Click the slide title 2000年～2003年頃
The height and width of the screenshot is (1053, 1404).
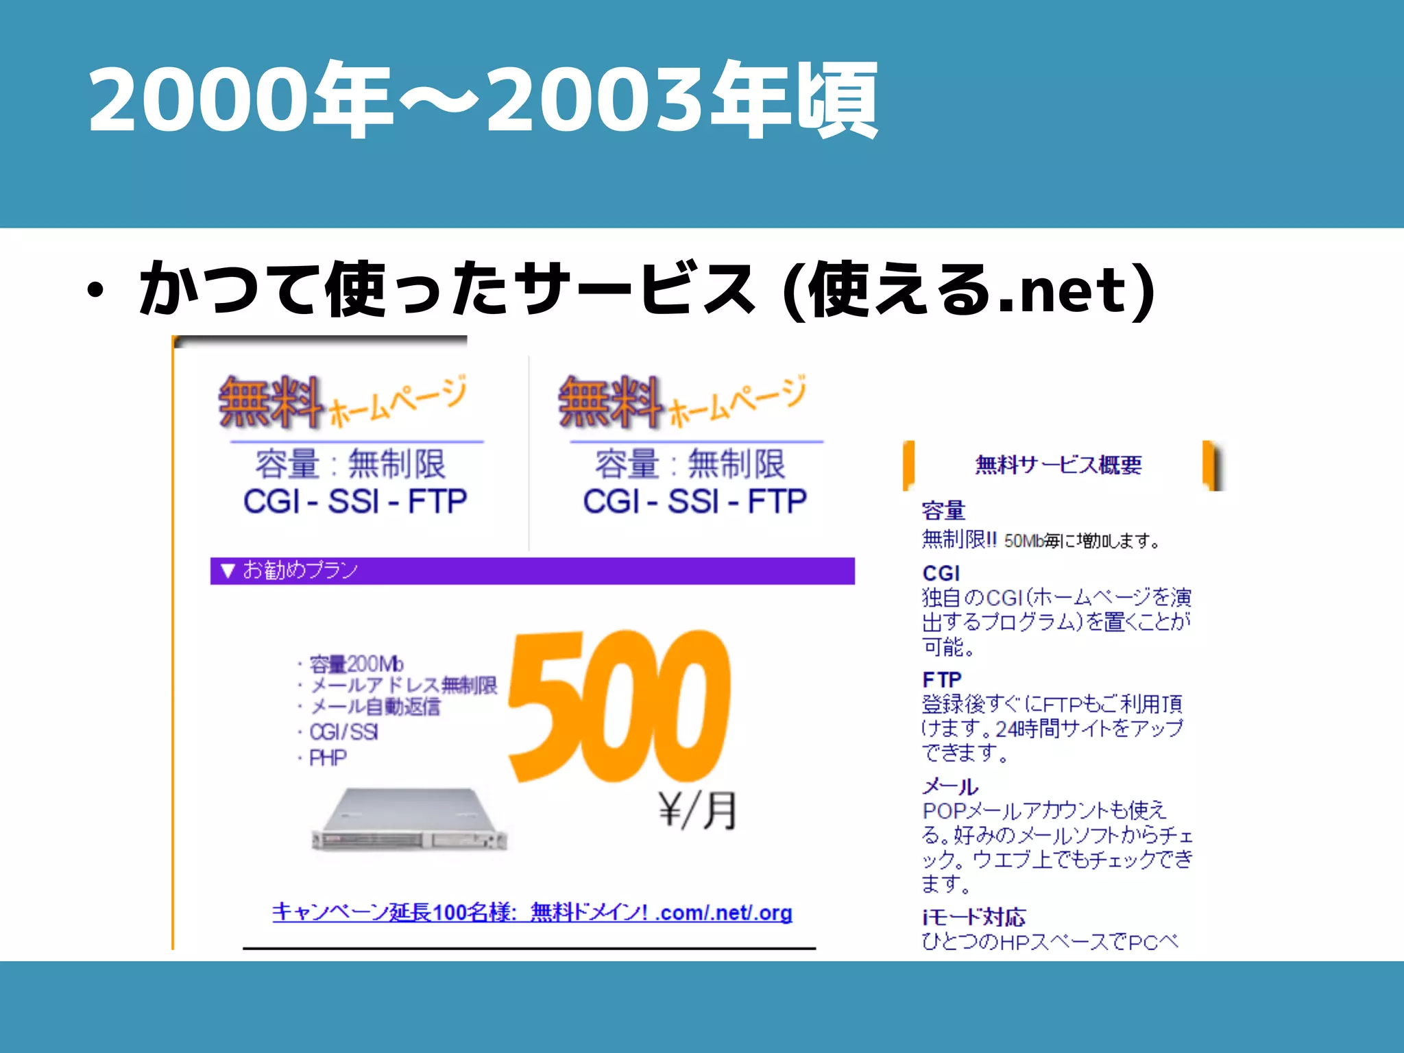point(483,100)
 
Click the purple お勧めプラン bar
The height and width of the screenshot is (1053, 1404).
point(532,571)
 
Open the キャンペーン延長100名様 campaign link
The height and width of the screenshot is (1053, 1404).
point(532,912)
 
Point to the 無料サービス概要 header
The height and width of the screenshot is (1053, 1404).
point(1058,465)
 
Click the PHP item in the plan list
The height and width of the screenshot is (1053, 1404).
point(328,758)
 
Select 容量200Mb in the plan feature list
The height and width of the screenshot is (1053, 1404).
point(356,664)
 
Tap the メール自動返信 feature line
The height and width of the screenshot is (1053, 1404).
point(375,707)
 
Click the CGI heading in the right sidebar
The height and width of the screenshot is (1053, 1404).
point(941,573)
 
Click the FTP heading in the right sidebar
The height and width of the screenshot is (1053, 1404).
point(942,679)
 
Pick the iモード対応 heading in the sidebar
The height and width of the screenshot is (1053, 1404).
point(973,917)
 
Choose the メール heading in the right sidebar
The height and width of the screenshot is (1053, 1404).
point(950,786)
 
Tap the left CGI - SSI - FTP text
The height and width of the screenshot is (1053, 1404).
point(355,501)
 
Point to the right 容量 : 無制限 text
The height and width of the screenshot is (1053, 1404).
point(690,464)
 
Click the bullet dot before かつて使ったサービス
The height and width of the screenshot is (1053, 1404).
point(96,291)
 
